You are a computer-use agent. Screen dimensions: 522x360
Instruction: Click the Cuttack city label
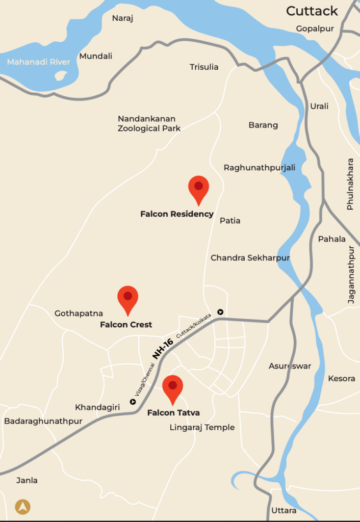click(312, 11)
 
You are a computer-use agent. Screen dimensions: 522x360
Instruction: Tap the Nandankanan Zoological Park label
click(149, 123)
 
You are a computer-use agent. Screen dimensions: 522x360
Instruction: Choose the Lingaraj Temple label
click(202, 427)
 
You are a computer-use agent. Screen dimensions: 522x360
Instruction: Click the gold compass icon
click(22, 507)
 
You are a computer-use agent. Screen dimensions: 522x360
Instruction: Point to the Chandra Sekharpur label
click(250, 258)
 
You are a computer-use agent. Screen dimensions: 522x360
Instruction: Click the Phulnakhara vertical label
click(350, 191)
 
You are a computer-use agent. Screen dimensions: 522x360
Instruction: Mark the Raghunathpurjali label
click(259, 168)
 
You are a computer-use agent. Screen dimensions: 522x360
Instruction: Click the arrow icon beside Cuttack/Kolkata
click(220, 312)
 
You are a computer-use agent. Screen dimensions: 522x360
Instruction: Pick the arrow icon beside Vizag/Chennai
click(133, 402)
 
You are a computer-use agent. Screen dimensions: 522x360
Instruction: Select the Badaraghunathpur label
click(43, 421)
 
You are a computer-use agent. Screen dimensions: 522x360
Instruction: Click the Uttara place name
click(284, 510)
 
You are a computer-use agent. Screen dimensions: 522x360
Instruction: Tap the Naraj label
click(122, 18)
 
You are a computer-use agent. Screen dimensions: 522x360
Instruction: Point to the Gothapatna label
click(79, 313)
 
